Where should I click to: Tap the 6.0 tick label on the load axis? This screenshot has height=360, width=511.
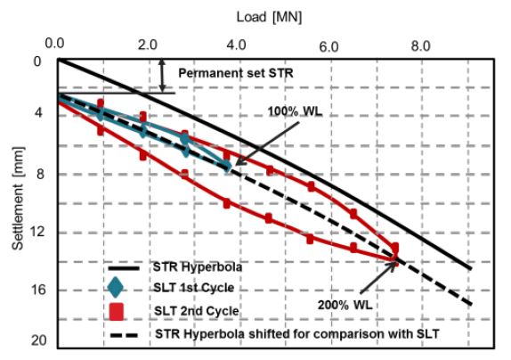pyautogui.click(x=330, y=43)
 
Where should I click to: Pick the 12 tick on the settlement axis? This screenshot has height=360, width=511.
pyautogui.click(x=37, y=233)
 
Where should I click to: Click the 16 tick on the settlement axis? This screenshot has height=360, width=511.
pyautogui.click(x=37, y=290)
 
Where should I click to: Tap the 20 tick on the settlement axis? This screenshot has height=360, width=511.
pyautogui.click(x=37, y=342)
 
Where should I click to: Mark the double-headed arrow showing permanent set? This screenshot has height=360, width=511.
pyautogui.click(x=161, y=75)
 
